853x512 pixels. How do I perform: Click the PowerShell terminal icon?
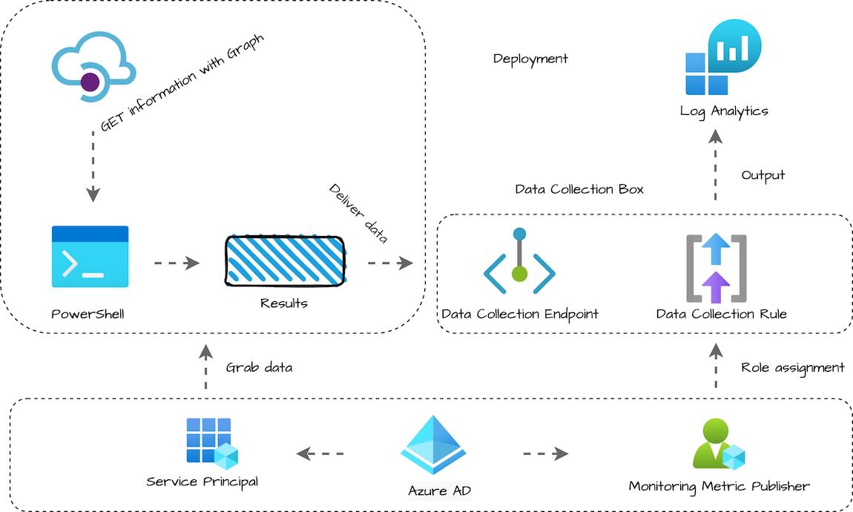pyautogui.click(x=90, y=257)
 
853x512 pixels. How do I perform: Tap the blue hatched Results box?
pyautogui.click(x=285, y=260)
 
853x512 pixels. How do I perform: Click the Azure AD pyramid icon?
pyautogui.click(x=433, y=445)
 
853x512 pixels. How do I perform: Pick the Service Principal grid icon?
pyautogui.click(x=211, y=443)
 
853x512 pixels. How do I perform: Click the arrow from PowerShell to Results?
pyautogui.click(x=177, y=263)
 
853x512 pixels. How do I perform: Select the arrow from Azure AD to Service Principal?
pyautogui.click(x=320, y=453)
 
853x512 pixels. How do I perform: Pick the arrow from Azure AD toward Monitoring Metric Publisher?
pyautogui.click(x=545, y=453)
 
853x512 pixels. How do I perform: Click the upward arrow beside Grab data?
pyautogui.click(x=205, y=367)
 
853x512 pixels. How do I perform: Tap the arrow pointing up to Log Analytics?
pyautogui.click(x=715, y=165)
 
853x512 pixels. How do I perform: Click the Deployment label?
pyautogui.click(x=530, y=59)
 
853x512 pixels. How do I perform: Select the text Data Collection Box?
pyautogui.click(x=579, y=189)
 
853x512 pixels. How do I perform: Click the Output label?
pyautogui.click(x=763, y=175)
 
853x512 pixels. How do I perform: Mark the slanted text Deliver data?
pyautogui.click(x=358, y=214)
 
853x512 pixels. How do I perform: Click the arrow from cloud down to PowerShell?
pyautogui.click(x=93, y=167)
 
